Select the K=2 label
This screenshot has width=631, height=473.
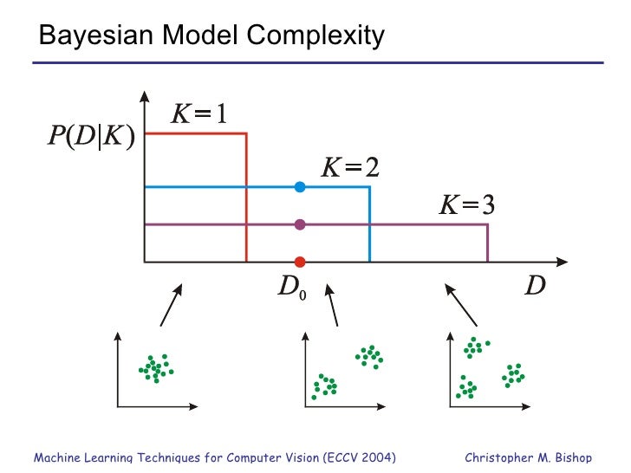tap(350, 166)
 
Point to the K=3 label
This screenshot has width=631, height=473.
tap(466, 205)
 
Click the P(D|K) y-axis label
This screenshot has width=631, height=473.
tap(90, 137)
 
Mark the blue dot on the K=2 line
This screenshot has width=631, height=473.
tap(300, 186)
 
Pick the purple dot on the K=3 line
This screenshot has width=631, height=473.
tap(300, 224)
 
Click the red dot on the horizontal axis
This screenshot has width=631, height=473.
tap(300, 262)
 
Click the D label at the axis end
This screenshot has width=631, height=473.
tap(537, 286)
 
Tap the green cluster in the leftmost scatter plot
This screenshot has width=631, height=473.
tap(156, 368)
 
